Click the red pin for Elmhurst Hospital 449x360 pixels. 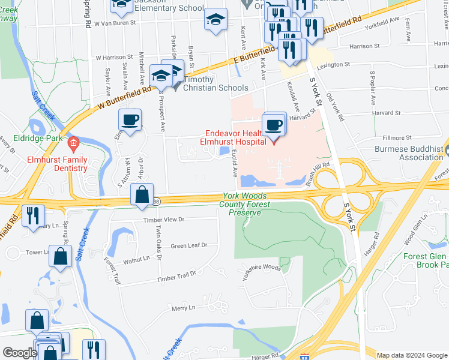tap(274, 142)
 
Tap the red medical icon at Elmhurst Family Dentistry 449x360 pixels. tap(73, 143)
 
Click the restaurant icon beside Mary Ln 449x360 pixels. tap(32, 216)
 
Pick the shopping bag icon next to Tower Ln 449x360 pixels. tap(61, 256)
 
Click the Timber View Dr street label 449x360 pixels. tap(163, 220)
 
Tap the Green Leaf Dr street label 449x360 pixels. tap(188, 245)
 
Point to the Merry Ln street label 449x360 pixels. tap(184, 308)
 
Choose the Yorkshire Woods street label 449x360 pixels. tap(262, 268)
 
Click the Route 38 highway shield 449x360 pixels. tap(157, 202)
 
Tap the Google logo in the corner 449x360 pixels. tap(20, 353)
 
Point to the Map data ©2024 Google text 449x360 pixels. tap(411, 355)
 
